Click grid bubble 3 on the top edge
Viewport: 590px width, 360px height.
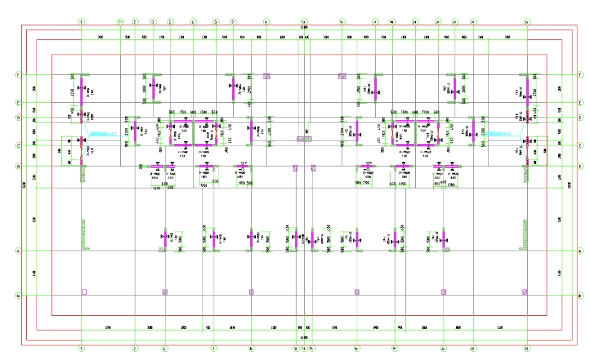[x=153, y=22]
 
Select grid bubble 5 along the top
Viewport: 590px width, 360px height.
[x=170, y=22]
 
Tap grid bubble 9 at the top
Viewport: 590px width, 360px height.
[x=233, y=22]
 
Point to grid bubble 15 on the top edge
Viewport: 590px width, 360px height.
[x=342, y=22]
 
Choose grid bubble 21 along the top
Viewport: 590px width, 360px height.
[x=438, y=22]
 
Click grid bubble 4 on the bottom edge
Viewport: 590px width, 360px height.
[x=165, y=348]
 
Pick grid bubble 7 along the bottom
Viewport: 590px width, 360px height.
[x=214, y=348]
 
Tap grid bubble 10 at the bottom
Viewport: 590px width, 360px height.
[x=251, y=348]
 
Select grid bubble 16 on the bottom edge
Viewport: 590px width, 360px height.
[x=356, y=348]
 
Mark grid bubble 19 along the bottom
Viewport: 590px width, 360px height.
[x=394, y=348]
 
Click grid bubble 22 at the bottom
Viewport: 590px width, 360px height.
[x=443, y=348]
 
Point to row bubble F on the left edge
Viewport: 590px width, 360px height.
[x=18, y=75]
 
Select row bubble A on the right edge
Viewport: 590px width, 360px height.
[x=580, y=251]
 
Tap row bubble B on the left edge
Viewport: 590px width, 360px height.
[x=18, y=166]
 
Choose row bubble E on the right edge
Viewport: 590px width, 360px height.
[x=580, y=102]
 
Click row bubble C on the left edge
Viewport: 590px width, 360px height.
[x=18, y=145]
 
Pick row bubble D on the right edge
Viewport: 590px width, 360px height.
[x=580, y=117]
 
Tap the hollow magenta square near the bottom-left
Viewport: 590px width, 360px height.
[x=84, y=292]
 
